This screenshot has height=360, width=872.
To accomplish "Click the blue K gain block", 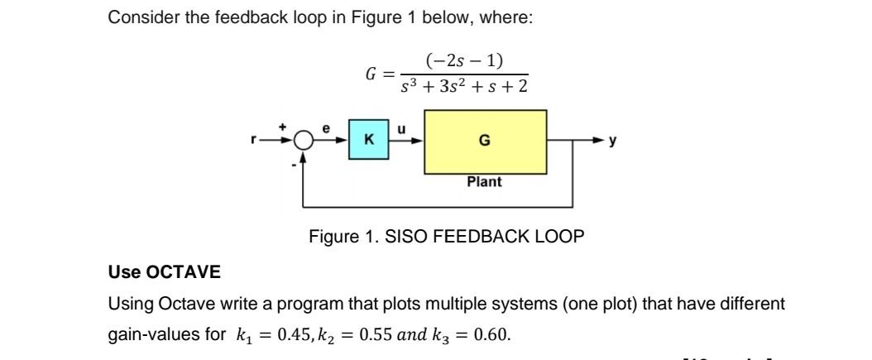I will click(x=367, y=140).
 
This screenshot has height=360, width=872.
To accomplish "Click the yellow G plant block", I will click(x=485, y=141).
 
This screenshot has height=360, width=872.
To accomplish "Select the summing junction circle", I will click(x=304, y=141).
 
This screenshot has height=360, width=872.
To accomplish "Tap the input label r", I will click(x=255, y=141).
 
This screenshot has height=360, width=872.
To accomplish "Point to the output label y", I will click(x=613, y=141).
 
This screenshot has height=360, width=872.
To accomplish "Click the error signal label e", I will click(x=326, y=128).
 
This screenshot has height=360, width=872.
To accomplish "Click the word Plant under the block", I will click(x=484, y=182).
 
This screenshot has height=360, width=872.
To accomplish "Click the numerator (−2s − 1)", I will click(x=464, y=61).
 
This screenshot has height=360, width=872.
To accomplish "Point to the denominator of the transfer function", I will click(x=465, y=87).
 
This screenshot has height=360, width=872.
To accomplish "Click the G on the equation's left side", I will click(x=371, y=74).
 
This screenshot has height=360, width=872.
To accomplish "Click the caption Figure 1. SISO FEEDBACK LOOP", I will click(x=446, y=237).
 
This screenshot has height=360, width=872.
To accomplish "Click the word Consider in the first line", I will click(x=139, y=17).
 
